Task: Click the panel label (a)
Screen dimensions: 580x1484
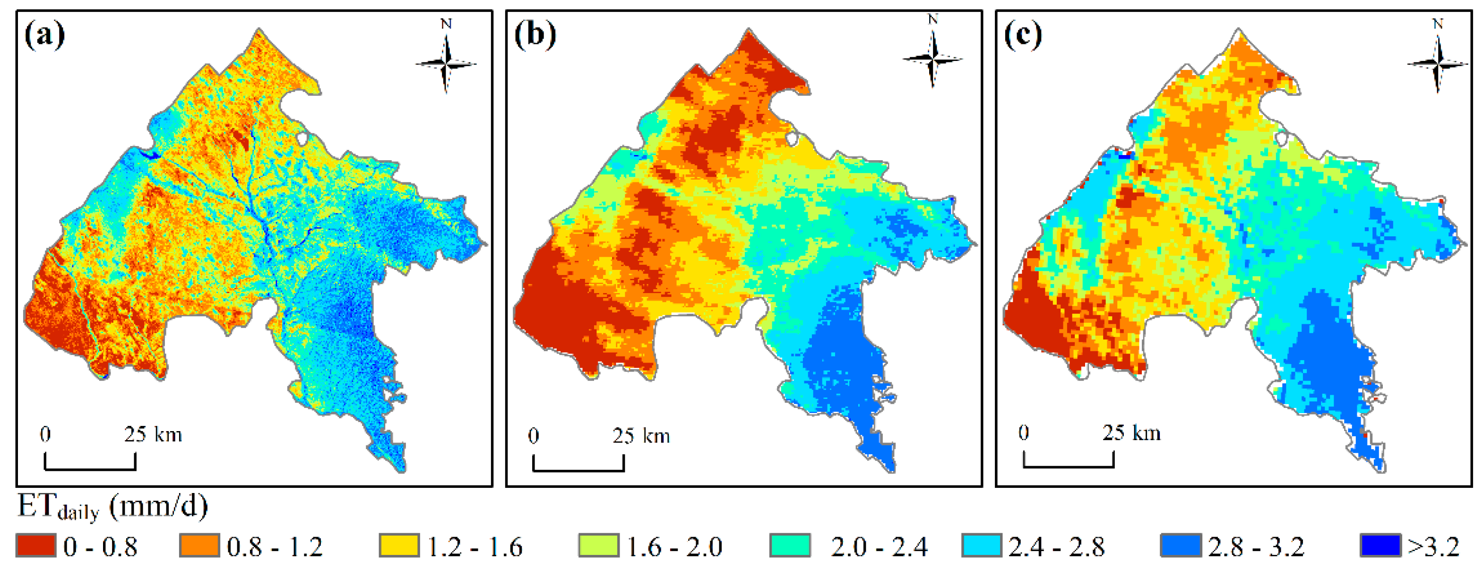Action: [44, 36]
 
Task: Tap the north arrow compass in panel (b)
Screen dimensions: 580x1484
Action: [932, 58]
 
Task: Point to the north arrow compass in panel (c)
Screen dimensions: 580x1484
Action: [1437, 62]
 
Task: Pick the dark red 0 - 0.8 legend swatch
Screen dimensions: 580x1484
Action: [36, 545]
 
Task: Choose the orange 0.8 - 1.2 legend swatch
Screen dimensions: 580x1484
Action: [199, 545]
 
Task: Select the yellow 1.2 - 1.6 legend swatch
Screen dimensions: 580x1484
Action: [399, 545]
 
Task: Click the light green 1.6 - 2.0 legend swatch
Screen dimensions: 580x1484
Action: [598, 545]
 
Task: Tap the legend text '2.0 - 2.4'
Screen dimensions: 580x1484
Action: [879, 546]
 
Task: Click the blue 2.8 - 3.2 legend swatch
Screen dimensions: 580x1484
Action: [1181, 545]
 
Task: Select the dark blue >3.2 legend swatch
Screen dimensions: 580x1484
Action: [1380, 545]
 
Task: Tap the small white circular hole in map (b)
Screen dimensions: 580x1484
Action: [791, 138]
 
